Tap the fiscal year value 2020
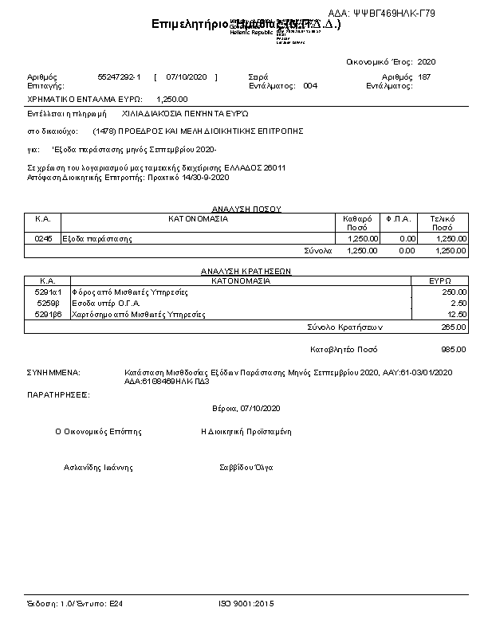pyautogui.click(x=427, y=61)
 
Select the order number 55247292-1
pyautogui.click(x=119, y=76)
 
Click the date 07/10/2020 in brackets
pyautogui.click(x=187, y=76)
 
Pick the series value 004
pyautogui.click(x=310, y=84)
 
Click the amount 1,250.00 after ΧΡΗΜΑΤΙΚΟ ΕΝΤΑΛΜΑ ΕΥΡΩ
pyautogui.click(x=172, y=100)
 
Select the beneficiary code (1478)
pyautogui.click(x=104, y=130)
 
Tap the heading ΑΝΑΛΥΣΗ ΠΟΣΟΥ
pyautogui.click(x=246, y=209)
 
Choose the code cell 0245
pyautogui.click(x=43, y=238)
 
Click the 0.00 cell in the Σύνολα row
pyautogui.click(x=407, y=250)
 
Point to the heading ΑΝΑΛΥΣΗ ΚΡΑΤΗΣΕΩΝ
pyautogui.click(x=246, y=272)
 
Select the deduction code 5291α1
pyautogui.click(x=48, y=292)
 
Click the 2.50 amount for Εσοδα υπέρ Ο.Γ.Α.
pyautogui.click(x=458, y=304)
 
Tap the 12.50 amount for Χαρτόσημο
pyautogui.click(x=456, y=315)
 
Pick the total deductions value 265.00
pyautogui.click(x=453, y=327)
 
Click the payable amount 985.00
pyautogui.click(x=453, y=349)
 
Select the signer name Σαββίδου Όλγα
pyautogui.click(x=246, y=468)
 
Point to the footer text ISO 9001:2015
pyautogui.click(x=246, y=605)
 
